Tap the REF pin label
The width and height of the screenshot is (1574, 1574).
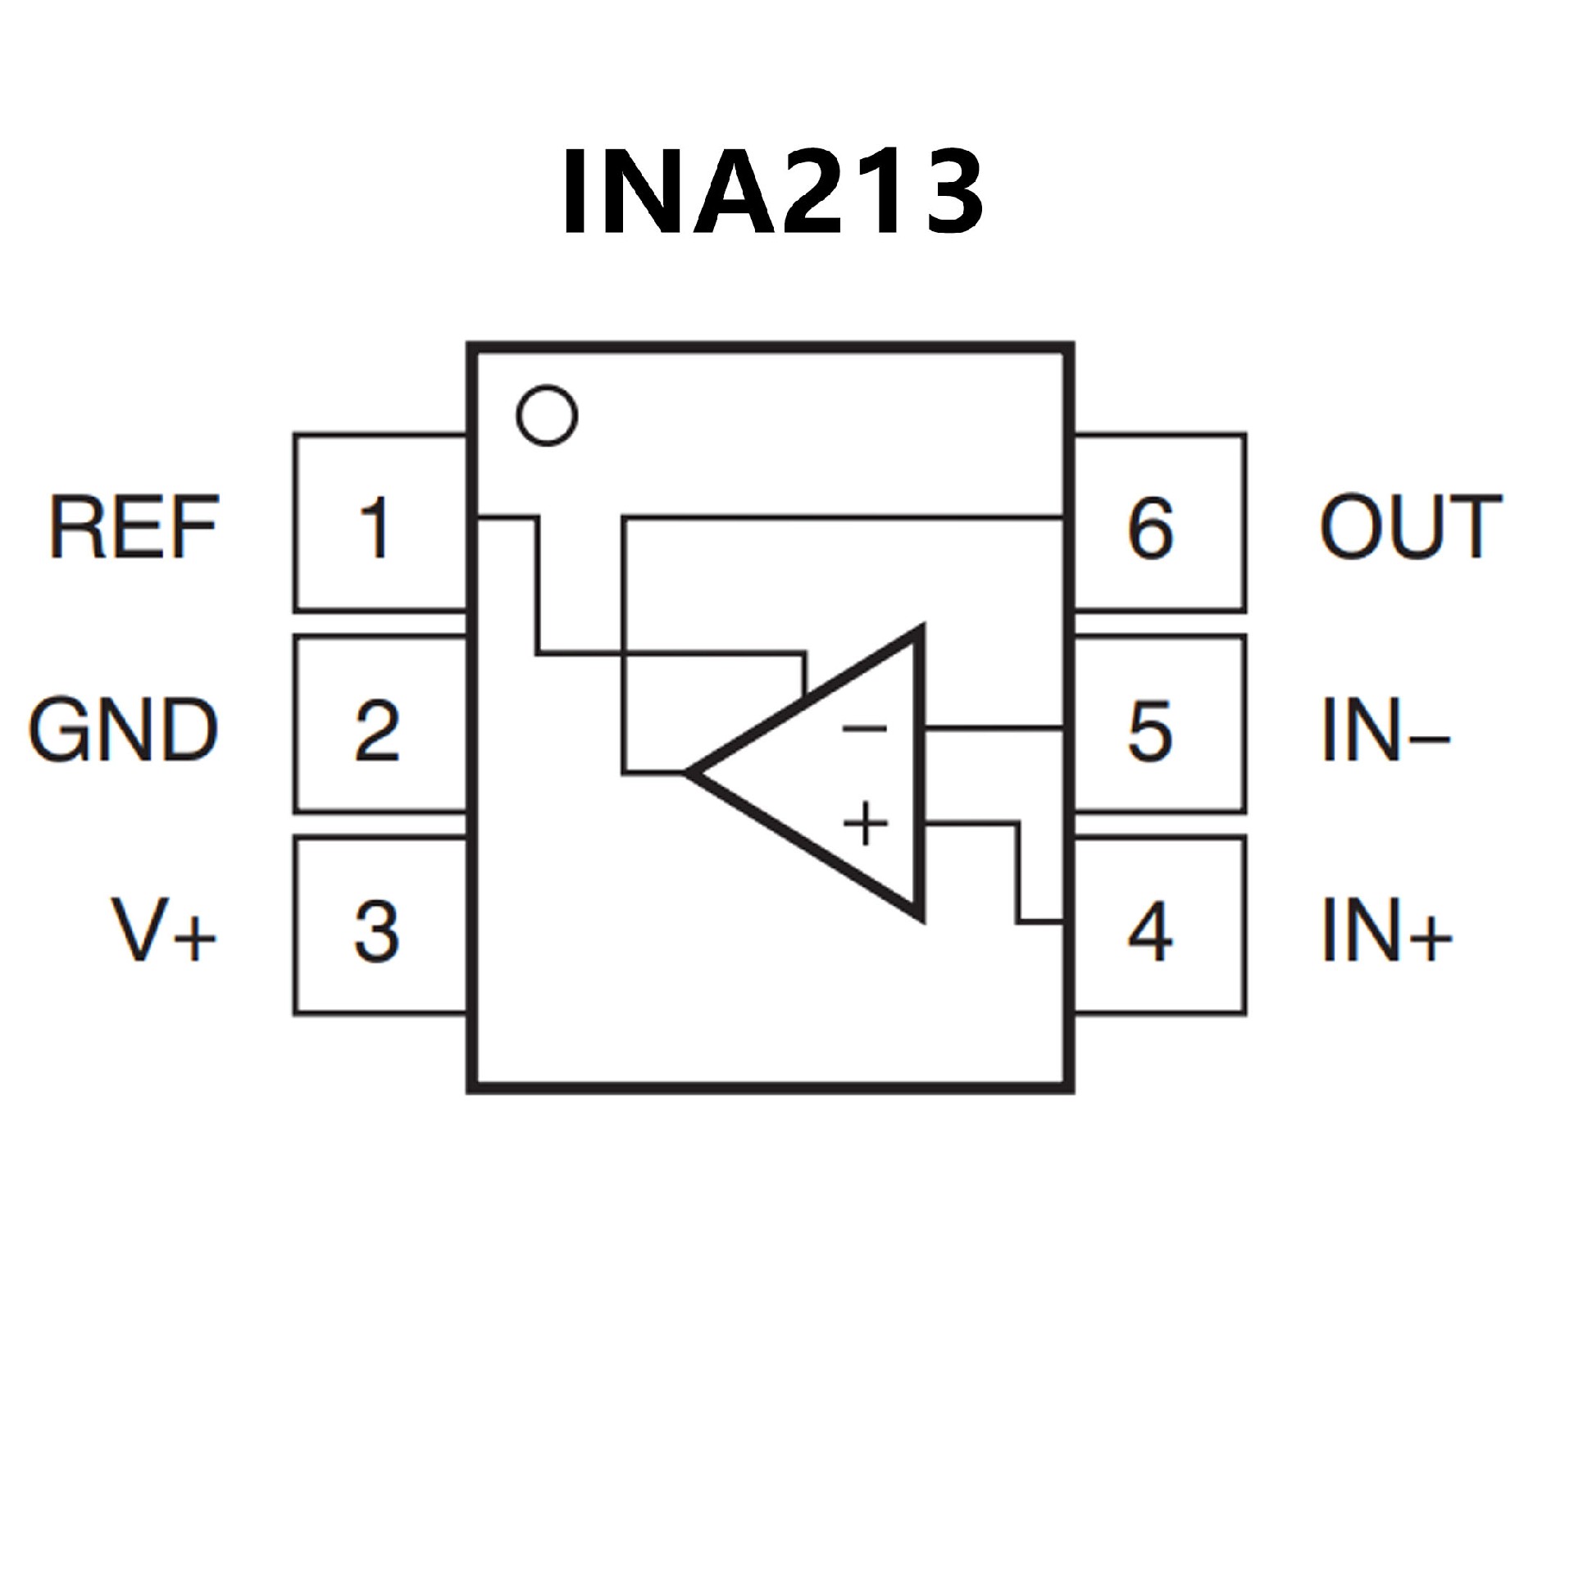pos(134,526)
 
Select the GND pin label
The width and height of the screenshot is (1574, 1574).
pos(124,729)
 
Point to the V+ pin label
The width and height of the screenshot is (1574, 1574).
pos(165,930)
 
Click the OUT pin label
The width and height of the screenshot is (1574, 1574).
pos(1410,526)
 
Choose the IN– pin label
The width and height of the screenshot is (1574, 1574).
pos(1385,729)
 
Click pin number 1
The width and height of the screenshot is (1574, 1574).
pos(375,527)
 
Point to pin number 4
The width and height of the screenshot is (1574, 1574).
pos(1150,931)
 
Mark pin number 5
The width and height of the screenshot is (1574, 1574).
pos(1150,729)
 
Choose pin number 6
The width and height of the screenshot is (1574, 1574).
pos(1150,527)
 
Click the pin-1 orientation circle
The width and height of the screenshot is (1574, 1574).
pos(547,416)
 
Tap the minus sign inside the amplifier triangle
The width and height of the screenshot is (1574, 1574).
pos(865,727)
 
